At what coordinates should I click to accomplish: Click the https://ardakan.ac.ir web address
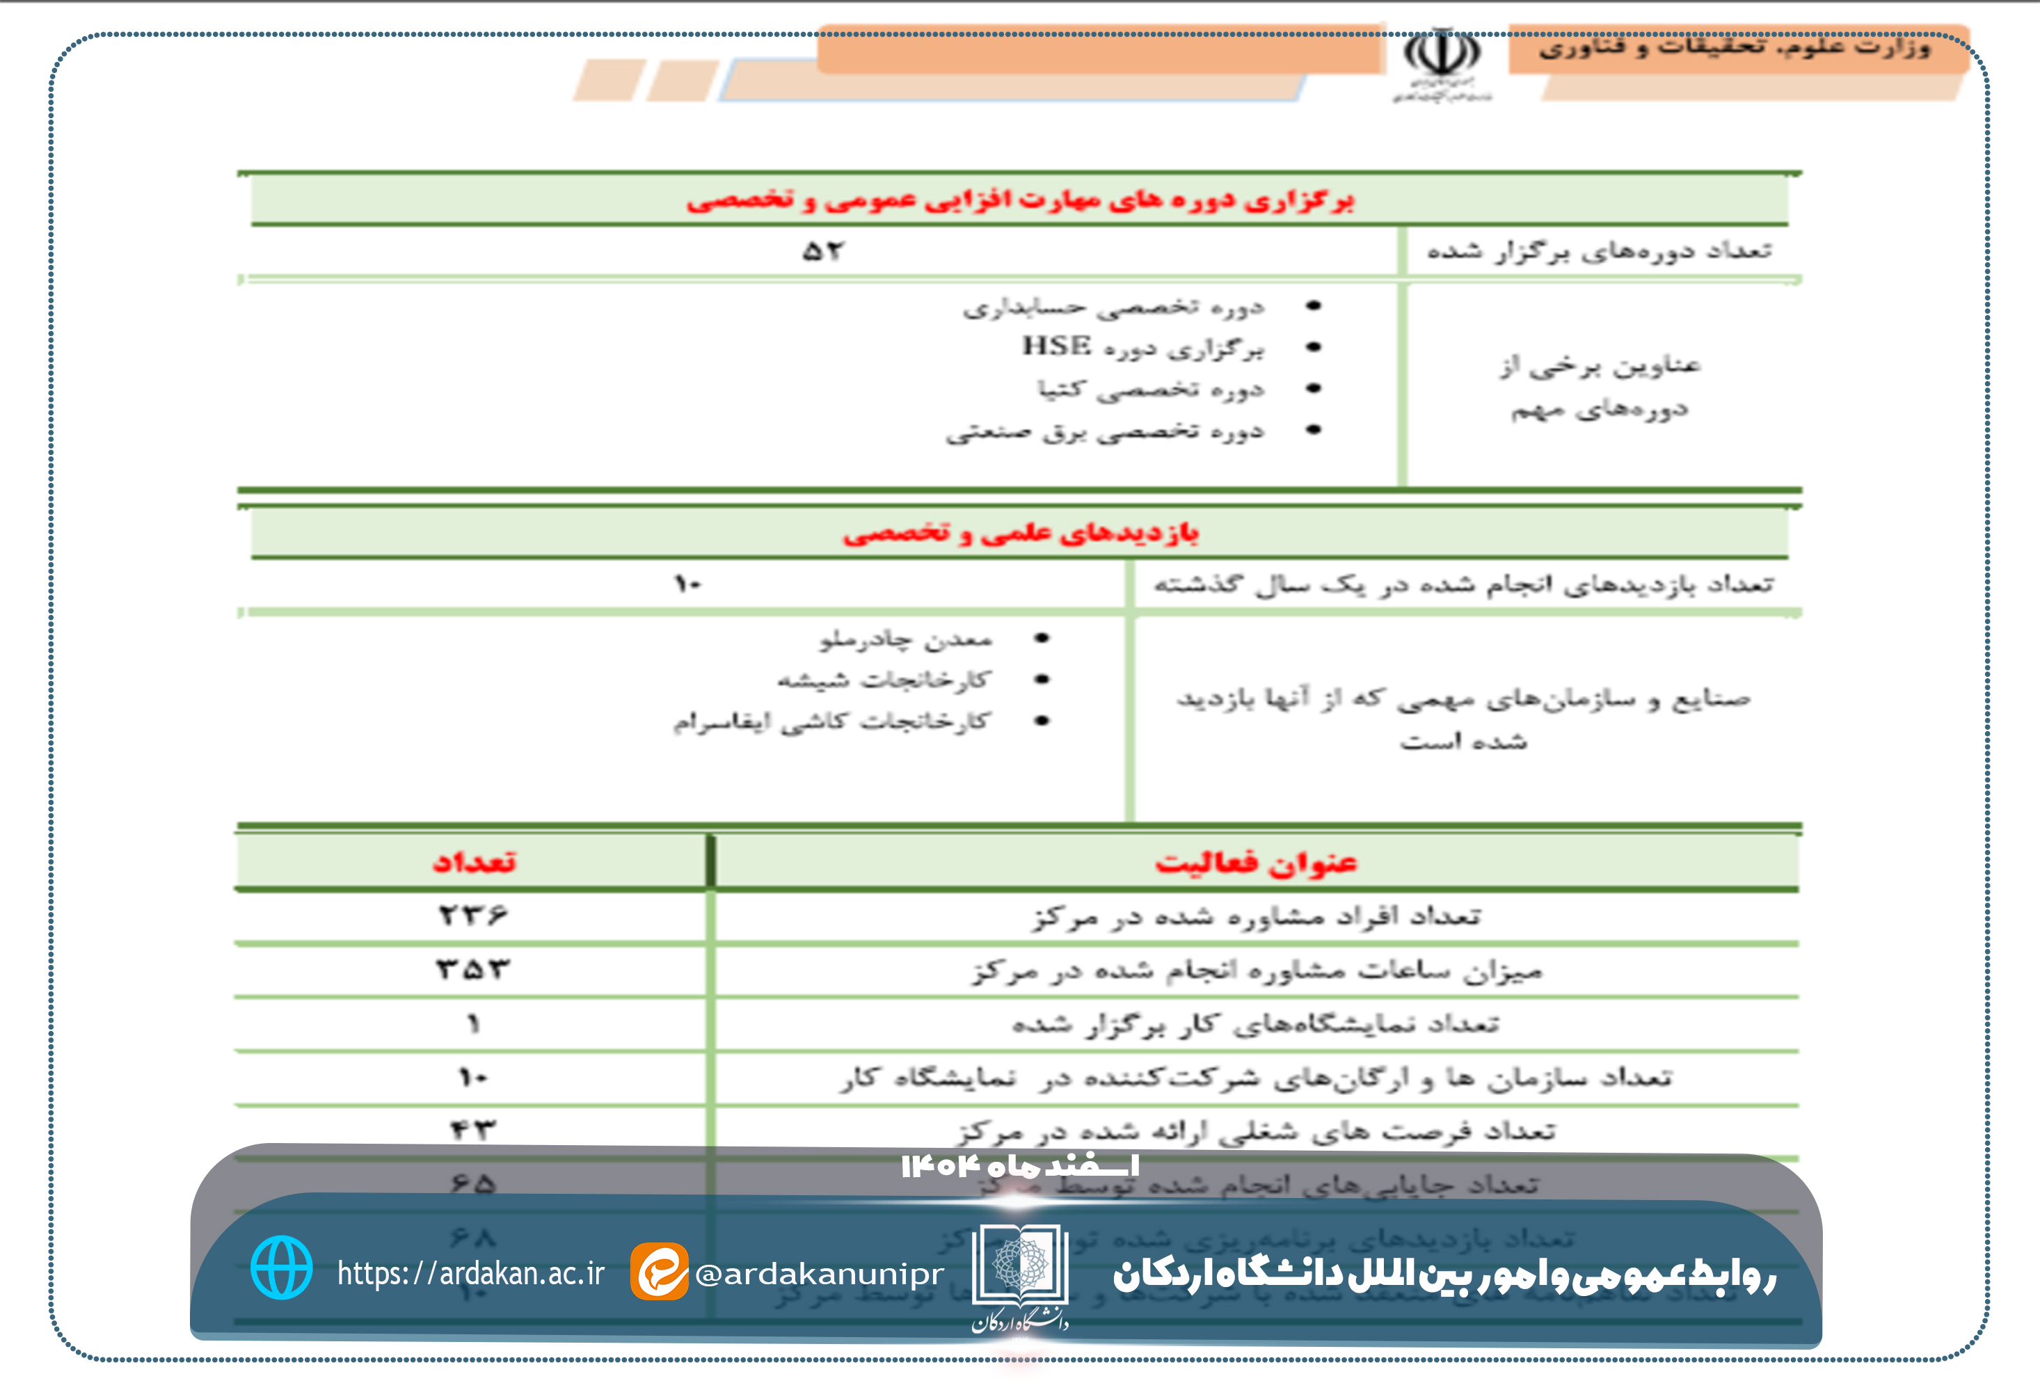pyautogui.click(x=470, y=1272)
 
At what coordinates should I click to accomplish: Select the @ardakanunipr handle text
pyautogui.click(x=819, y=1273)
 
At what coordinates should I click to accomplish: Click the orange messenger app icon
pyautogui.click(x=658, y=1270)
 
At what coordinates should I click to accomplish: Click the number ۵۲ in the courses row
pyautogui.click(x=822, y=252)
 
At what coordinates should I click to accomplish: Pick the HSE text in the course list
pyautogui.click(x=1057, y=346)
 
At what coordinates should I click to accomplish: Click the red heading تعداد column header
pyautogui.click(x=474, y=862)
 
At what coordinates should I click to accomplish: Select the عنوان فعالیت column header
pyautogui.click(x=1256, y=863)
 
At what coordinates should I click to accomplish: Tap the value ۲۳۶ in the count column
pyautogui.click(x=473, y=916)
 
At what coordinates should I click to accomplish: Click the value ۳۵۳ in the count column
pyautogui.click(x=473, y=969)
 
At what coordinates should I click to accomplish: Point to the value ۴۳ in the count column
pyautogui.click(x=473, y=1129)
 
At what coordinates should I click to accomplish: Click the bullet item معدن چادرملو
pyautogui.click(x=906, y=639)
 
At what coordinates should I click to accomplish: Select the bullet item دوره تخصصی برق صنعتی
pyautogui.click(x=1104, y=431)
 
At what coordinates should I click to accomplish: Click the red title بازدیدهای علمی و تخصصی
pyautogui.click(x=1020, y=533)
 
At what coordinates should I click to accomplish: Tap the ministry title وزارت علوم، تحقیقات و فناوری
pyautogui.click(x=1734, y=47)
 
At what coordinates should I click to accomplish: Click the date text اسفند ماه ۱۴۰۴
pyautogui.click(x=1020, y=1166)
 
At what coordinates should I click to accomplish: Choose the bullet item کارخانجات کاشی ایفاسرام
pyautogui.click(x=831, y=721)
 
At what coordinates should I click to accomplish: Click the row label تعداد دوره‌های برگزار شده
pyautogui.click(x=1598, y=251)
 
